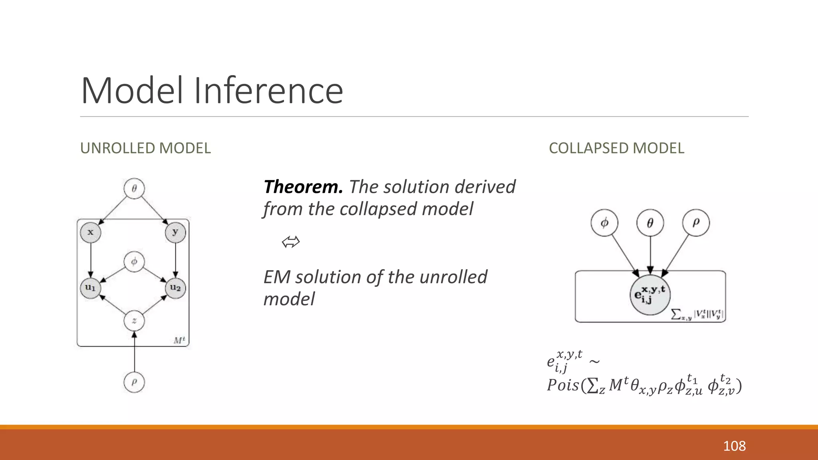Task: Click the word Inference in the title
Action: [268, 91]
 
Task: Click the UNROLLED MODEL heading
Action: [145, 148]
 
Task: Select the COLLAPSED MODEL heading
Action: [616, 148]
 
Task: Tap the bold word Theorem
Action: [303, 187]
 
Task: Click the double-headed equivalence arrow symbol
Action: [290, 242]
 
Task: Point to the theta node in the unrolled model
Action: [134, 188]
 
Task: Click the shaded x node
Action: [91, 232]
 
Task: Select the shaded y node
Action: [175, 232]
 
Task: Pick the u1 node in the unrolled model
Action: [91, 288]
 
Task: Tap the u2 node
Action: [175, 288]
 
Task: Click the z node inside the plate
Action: [134, 321]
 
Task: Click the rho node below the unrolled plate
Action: [134, 382]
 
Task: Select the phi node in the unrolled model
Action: [134, 262]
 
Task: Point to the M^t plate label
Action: [179, 340]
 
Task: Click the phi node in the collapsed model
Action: [604, 223]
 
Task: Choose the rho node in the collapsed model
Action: [696, 223]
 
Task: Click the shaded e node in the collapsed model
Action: [650, 295]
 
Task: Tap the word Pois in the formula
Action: [563, 385]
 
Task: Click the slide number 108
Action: [734, 446]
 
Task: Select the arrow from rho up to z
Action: [134, 353]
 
